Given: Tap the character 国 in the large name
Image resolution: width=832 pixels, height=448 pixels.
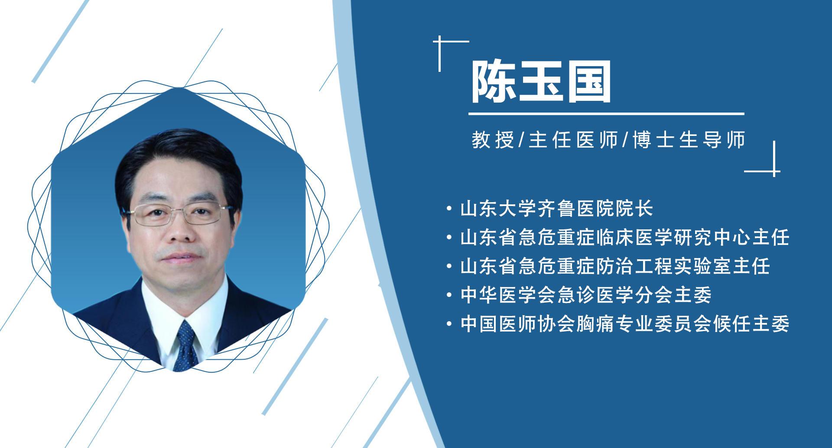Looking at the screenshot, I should click(589, 81).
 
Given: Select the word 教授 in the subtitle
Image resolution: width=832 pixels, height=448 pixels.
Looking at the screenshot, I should click(493, 140).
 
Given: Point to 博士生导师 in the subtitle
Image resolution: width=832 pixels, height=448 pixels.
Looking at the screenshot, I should click(689, 140).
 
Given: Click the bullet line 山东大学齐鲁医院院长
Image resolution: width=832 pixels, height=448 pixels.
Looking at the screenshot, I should click(556, 209).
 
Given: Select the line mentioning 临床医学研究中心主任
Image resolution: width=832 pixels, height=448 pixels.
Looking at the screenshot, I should click(624, 238).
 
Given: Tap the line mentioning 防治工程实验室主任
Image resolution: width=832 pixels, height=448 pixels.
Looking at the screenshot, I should click(615, 266).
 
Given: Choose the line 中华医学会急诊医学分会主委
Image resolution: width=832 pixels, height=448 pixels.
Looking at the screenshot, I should click(586, 295).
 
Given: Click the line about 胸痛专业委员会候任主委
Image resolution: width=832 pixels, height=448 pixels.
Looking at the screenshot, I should click(624, 324).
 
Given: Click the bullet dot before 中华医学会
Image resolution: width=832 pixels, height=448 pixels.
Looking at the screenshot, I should click(449, 295).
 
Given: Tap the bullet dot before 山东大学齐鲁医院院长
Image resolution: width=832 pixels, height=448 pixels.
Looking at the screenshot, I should click(449, 209).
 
